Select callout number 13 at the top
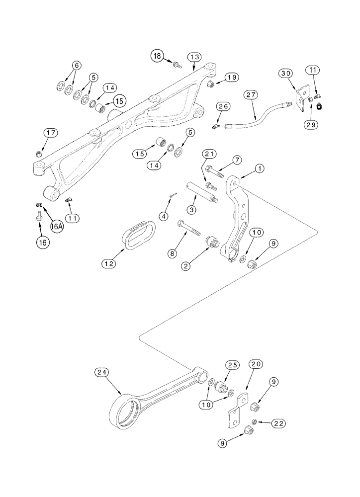click(x=194, y=57)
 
